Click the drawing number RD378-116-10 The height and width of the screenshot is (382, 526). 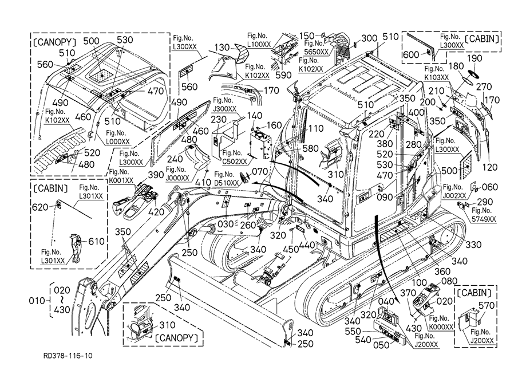[x=68, y=356]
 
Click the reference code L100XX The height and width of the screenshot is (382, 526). [x=259, y=44]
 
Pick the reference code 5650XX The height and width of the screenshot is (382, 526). [x=317, y=52]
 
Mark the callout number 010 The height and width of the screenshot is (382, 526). [x=37, y=299]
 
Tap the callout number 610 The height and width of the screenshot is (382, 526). [x=96, y=241]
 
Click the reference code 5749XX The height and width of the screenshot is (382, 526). [x=484, y=219]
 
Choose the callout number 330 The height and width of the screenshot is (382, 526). [x=473, y=245]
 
